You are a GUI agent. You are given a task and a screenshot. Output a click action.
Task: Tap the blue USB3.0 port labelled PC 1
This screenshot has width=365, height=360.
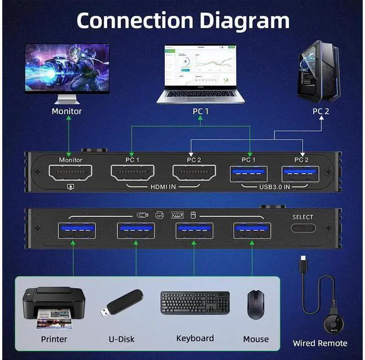point(249,174)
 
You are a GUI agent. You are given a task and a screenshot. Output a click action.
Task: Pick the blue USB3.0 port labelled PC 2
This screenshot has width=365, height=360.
point(301,174)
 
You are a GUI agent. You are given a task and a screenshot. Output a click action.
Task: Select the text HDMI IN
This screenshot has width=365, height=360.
point(163,186)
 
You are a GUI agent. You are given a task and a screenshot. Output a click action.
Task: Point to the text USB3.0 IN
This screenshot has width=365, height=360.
point(274,186)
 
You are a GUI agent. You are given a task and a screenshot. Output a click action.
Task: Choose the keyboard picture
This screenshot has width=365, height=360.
point(194,302)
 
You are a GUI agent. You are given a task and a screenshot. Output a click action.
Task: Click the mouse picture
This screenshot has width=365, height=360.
point(255,304)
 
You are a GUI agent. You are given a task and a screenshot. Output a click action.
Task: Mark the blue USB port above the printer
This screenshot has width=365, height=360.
point(77,230)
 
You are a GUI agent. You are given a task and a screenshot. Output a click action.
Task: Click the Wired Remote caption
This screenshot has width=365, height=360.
point(320,343)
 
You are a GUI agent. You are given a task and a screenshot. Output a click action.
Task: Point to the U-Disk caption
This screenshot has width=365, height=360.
point(121,339)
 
